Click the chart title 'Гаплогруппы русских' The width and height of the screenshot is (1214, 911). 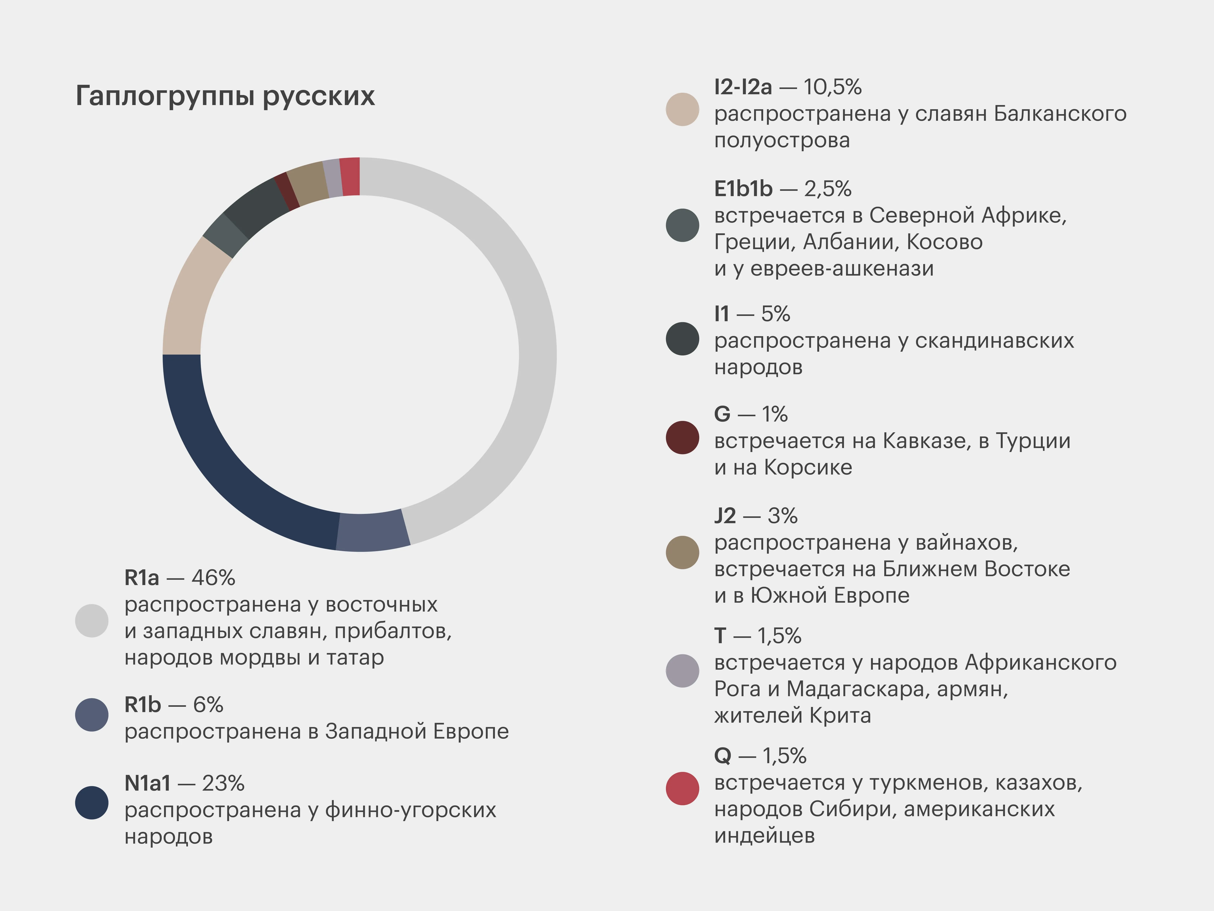coord(225,96)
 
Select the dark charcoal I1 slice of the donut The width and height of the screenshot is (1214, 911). coord(255,206)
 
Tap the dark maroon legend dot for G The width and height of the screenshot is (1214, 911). coord(682,438)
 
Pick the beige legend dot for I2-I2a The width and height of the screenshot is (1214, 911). coord(682,109)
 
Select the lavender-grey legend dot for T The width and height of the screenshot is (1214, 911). coord(682,670)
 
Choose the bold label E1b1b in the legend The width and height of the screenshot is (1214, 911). coord(743,189)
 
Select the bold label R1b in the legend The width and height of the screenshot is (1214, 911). coord(143,704)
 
